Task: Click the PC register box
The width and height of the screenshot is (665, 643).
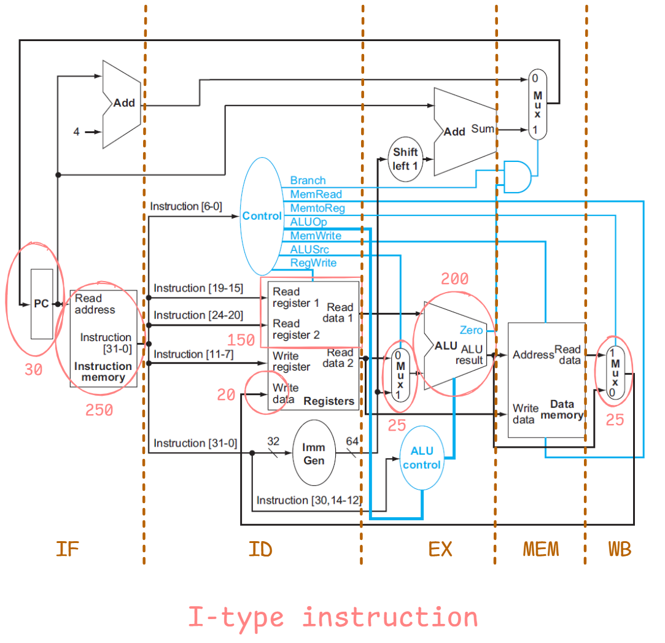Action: [41, 304]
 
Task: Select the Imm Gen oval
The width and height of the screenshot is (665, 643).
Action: [314, 453]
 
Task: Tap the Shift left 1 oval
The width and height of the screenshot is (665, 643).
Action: [405, 159]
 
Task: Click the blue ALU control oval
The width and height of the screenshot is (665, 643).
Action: [421, 458]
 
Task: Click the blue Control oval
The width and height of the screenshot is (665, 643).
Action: [262, 216]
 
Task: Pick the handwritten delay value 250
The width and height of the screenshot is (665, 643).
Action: [99, 410]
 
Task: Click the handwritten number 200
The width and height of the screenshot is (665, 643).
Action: [454, 279]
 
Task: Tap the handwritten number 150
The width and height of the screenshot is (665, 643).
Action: [241, 340]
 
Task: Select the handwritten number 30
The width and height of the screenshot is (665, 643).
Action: [33, 369]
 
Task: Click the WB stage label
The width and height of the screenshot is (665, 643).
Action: [619, 549]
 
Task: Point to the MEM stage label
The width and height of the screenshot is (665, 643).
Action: [541, 549]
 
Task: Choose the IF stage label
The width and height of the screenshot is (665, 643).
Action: [67, 549]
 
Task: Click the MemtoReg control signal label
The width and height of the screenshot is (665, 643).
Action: [317, 208]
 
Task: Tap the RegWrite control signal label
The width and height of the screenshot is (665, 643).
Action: [313, 263]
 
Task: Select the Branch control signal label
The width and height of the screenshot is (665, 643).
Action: [308, 180]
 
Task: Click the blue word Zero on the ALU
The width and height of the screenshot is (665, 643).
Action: [471, 330]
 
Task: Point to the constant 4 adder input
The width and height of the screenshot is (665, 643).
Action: [76, 131]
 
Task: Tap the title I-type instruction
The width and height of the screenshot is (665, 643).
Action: [332, 617]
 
